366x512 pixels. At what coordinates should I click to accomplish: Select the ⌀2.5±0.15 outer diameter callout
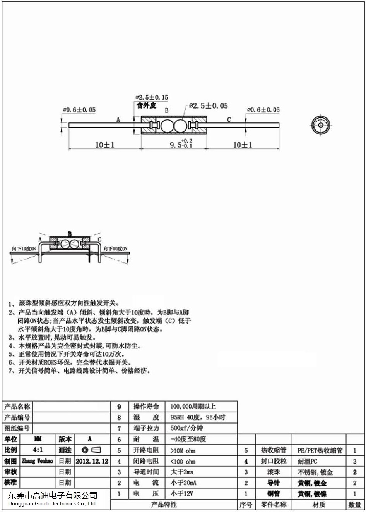click(152, 98)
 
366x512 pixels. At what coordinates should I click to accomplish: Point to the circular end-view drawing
click(322, 125)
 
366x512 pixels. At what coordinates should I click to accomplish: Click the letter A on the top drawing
click(118, 120)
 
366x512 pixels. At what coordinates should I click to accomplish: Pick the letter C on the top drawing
click(229, 119)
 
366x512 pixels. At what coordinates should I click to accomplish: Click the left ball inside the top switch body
click(167, 126)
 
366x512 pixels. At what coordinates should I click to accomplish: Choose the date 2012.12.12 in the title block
click(92, 461)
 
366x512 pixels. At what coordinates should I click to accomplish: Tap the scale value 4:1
click(38, 450)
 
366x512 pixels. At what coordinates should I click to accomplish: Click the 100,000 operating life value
click(193, 407)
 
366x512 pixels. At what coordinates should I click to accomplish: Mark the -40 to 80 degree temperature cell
click(188, 439)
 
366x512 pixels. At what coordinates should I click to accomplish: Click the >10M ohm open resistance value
click(183, 450)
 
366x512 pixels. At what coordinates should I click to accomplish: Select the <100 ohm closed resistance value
click(183, 461)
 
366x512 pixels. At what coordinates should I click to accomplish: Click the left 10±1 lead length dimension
click(104, 145)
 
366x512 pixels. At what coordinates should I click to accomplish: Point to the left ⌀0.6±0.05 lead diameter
click(79, 110)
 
